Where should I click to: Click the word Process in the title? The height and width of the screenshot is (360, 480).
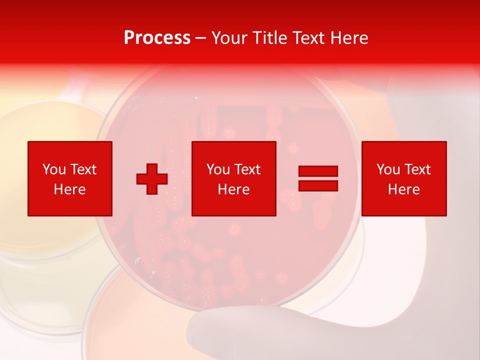click(x=157, y=38)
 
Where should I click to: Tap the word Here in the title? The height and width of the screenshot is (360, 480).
click(x=348, y=38)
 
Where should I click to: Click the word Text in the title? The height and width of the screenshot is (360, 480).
click(x=309, y=38)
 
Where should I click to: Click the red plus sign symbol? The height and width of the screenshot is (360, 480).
click(x=152, y=179)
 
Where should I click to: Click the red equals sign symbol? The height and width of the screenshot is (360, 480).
click(x=318, y=178)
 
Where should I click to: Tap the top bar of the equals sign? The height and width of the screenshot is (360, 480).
click(x=318, y=171)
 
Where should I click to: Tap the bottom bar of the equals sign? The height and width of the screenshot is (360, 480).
click(x=318, y=185)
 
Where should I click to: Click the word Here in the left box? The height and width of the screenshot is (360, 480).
click(x=70, y=189)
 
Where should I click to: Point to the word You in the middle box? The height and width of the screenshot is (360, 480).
click(x=218, y=169)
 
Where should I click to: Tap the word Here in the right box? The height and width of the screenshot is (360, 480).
click(x=404, y=189)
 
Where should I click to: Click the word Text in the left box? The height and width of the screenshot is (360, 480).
click(x=83, y=169)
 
